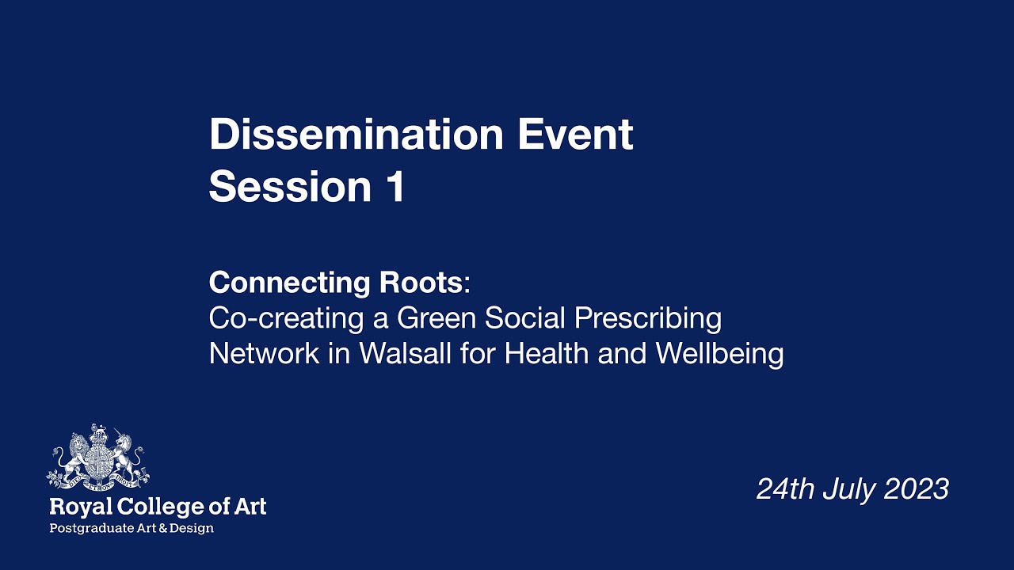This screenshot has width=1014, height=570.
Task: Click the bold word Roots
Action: [x=423, y=282]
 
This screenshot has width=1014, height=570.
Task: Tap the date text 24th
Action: [x=785, y=488]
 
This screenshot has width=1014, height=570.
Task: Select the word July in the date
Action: [x=848, y=488]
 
